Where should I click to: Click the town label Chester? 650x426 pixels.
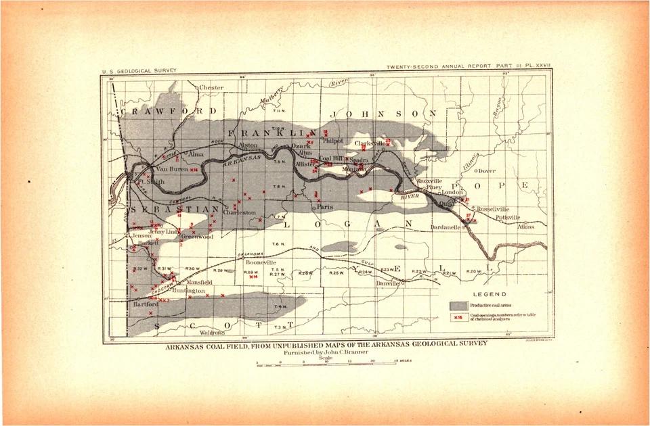tap(211, 88)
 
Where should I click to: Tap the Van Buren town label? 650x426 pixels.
tap(171, 169)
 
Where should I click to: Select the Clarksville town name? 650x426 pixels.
tap(370, 143)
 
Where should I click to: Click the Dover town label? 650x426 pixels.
tap(487, 171)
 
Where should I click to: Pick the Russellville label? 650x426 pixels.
tap(493, 210)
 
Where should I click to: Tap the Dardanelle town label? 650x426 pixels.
tap(446, 227)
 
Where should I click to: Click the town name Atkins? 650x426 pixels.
tap(525, 227)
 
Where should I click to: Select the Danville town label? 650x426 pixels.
tap(387, 283)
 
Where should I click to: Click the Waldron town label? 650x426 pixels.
tap(212, 333)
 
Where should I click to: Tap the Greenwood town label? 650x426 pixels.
tap(197, 237)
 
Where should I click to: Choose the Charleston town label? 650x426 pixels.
tap(240, 212)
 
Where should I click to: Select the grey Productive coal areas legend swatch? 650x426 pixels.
tap(459, 306)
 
